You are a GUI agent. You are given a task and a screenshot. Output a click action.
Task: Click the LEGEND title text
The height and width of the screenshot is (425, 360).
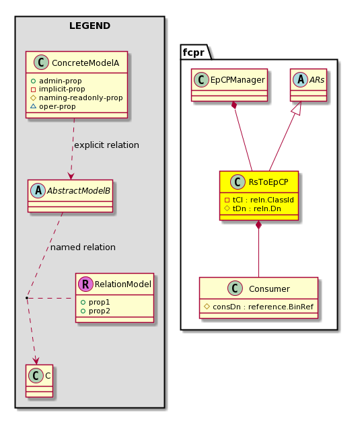pyautogui.click(x=89, y=26)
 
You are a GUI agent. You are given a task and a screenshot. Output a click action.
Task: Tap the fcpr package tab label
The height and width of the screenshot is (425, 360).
pyautogui.click(x=193, y=52)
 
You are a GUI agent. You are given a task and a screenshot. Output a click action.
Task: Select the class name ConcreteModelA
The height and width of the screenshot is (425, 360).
pyautogui.click(x=85, y=63)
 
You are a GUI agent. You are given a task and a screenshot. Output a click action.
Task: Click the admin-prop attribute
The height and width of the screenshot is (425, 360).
pyautogui.click(x=61, y=81)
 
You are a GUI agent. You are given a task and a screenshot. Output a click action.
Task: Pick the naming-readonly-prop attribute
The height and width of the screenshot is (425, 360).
pyautogui.click(x=81, y=98)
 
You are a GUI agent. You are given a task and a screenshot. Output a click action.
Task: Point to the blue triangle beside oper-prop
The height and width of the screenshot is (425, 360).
pyautogui.click(x=33, y=106)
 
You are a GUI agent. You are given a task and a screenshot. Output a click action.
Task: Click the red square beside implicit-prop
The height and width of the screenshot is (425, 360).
pyautogui.click(x=33, y=89)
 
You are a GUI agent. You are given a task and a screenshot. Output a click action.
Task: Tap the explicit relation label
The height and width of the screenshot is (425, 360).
pyautogui.click(x=106, y=145)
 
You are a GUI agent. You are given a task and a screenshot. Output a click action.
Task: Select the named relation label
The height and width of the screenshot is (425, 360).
pyautogui.click(x=83, y=247)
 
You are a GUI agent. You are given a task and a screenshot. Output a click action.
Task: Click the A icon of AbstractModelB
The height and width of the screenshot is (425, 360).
pyautogui.click(x=38, y=190)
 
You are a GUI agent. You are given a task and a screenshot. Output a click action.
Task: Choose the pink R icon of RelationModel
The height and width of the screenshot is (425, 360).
pyautogui.click(x=85, y=284)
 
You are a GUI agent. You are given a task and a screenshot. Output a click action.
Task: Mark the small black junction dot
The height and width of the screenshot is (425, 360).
pyautogui.click(x=27, y=298)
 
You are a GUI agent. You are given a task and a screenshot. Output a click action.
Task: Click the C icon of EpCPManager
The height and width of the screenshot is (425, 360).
pyautogui.click(x=201, y=79)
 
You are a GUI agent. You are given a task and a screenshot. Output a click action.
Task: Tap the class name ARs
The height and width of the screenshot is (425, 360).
pyautogui.click(x=317, y=79)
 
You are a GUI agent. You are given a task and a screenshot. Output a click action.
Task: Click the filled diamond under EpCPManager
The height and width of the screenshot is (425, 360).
pyautogui.click(x=234, y=106)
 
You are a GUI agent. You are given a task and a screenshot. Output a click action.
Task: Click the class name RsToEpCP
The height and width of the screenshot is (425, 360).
pyautogui.click(x=268, y=182)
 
